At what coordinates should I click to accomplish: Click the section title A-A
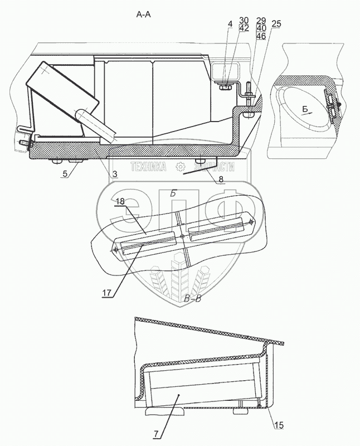coord(143,14)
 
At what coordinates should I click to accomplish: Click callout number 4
coord(230,24)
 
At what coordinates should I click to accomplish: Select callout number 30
coord(244,21)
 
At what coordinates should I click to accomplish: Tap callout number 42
coord(244,28)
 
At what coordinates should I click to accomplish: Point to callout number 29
coord(261,21)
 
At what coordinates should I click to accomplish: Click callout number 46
coord(261,36)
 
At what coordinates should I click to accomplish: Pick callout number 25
coord(276,24)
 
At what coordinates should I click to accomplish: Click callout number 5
coord(65,173)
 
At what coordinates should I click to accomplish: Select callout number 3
coord(115,174)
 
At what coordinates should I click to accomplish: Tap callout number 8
coord(221,179)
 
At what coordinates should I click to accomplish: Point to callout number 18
coord(120,201)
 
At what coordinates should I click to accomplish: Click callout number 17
coord(106,293)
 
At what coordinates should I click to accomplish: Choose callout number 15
coord(279,425)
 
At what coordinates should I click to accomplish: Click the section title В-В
coord(192,299)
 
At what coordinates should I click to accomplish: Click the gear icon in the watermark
coord(180,167)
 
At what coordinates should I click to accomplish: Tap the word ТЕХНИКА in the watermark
coord(148,167)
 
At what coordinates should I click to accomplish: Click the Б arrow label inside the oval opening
coord(305,109)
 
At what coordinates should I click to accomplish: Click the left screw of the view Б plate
coord(115,250)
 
